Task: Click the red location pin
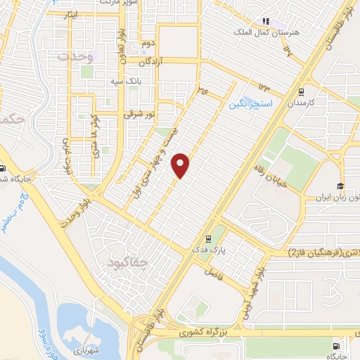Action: click(181, 165)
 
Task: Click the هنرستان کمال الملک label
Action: click(267, 32)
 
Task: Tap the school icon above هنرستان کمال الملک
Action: click(266, 21)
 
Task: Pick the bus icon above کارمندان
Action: click(301, 91)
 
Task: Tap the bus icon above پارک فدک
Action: click(207, 238)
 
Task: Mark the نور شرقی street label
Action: click(137, 112)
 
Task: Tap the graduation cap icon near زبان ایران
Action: click(340, 186)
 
